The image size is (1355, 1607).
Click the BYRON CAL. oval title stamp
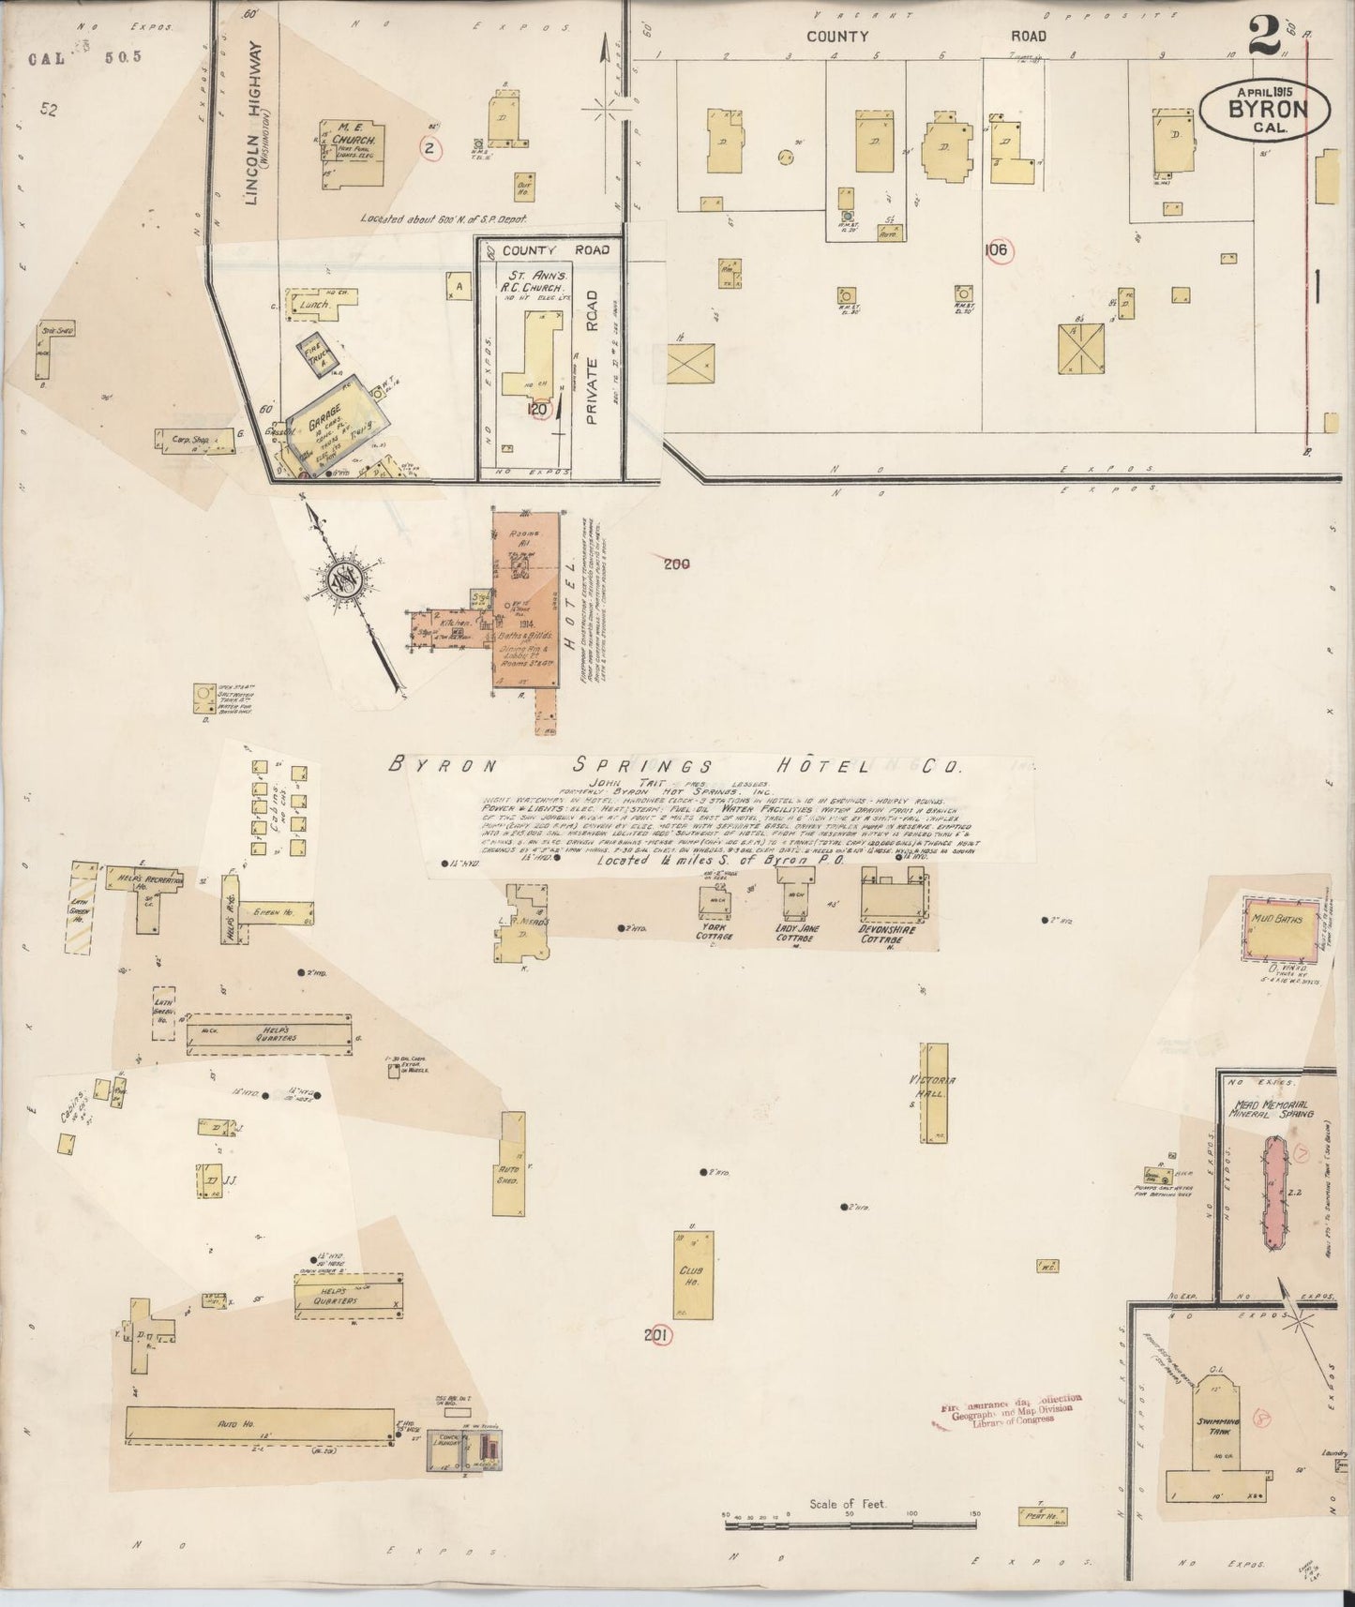[1265, 110]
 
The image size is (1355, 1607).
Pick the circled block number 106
[995, 250]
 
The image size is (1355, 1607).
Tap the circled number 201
[660, 1335]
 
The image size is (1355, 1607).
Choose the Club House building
[693, 1274]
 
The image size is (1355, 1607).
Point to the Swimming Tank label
[1218, 1422]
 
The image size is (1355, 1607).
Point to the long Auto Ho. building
[259, 1425]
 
